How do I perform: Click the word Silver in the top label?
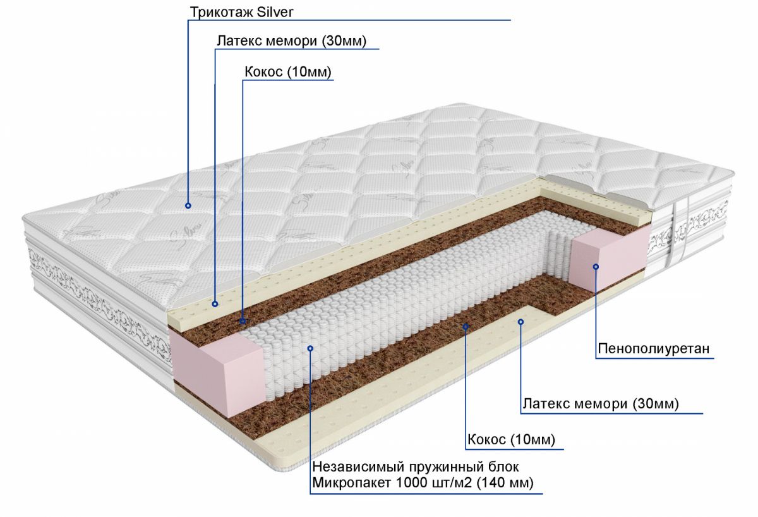click(272, 12)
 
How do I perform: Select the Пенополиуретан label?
click(653, 349)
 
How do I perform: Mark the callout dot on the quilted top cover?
click(188, 205)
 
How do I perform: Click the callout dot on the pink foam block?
click(595, 267)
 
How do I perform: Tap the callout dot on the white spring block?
click(310, 348)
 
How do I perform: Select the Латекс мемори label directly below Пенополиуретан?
click(600, 404)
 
